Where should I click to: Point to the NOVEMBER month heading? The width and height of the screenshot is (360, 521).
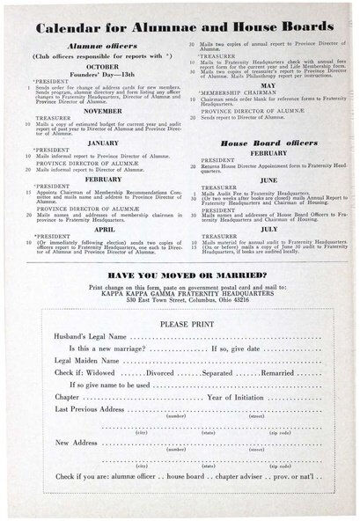coord(103,112)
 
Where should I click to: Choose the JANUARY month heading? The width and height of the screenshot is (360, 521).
coord(103,142)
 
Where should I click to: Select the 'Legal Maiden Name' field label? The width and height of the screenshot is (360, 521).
coord(88,361)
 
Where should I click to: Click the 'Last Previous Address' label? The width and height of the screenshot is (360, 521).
coord(90,409)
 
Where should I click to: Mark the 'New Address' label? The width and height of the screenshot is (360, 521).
coord(77,442)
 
